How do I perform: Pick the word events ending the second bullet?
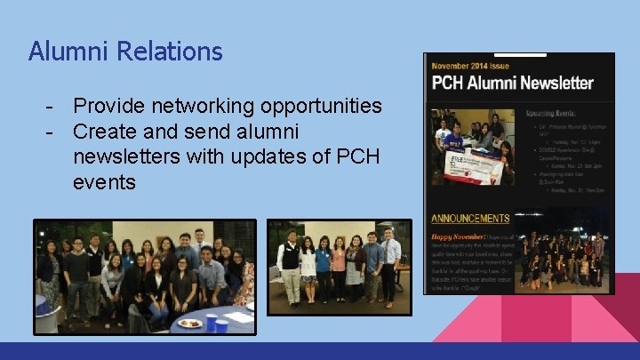[104, 183]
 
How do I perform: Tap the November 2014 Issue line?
[471, 67]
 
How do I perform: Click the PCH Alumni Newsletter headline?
[513, 84]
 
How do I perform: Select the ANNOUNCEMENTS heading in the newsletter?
[470, 218]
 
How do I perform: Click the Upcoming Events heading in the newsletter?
[550, 115]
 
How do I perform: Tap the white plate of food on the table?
[189, 323]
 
